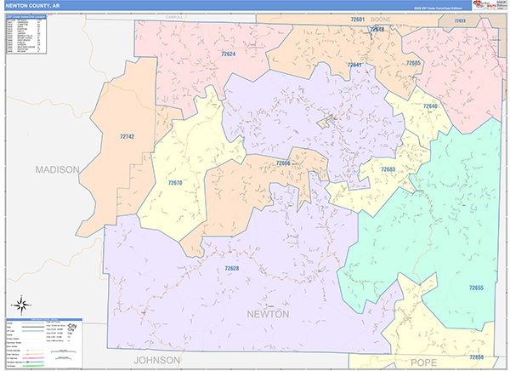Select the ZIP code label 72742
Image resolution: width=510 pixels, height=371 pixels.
tap(127, 136)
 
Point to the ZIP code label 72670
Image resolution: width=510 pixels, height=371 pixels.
tap(174, 183)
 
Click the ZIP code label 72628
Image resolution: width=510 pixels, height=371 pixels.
tap(232, 269)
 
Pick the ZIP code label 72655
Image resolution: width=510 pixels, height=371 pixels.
tap(477, 288)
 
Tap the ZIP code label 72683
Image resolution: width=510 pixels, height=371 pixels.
tap(388, 169)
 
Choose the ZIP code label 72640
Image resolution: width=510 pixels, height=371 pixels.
tap(430, 106)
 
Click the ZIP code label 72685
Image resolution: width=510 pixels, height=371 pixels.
tap(413, 63)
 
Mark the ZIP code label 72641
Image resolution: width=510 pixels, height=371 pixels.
tap(354, 66)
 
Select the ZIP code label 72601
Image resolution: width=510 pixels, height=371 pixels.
tap(357, 19)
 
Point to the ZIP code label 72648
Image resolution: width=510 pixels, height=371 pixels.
tap(377, 30)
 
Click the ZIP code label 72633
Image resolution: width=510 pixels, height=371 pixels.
tap(460, 20)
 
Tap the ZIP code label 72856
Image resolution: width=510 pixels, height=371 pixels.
tap(477, 357)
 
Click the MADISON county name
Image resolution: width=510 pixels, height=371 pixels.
tap(57, 169)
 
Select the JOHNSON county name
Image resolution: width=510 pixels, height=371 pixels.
tap(157, 360)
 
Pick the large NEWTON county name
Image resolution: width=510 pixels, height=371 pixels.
tap(268, 314)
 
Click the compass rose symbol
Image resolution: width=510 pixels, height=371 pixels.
tap(20, 305)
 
